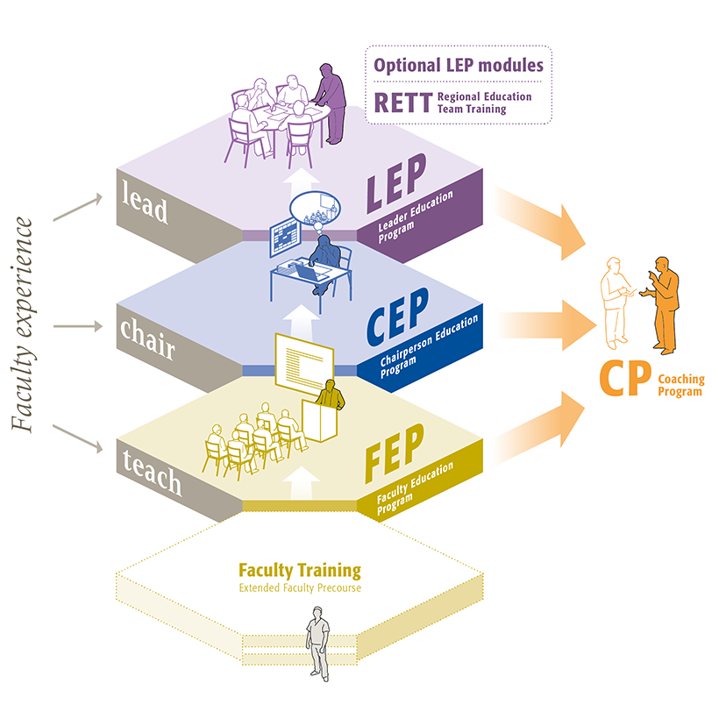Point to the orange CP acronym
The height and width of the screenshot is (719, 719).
pos(624,380)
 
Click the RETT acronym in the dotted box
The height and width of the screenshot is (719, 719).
pos(402,103)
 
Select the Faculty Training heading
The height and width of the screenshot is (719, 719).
pos(300,570)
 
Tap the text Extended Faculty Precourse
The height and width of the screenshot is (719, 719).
pos(300,587)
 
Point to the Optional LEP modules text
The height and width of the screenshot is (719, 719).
pos(459,65)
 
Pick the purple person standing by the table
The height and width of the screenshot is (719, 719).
pos(331,103)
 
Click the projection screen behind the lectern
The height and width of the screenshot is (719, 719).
pos(304,362)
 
